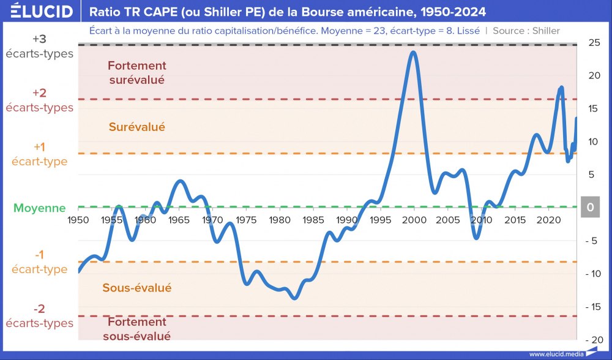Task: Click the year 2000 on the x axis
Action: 414,220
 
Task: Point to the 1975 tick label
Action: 245,220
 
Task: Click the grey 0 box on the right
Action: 591,208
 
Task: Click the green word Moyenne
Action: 40,208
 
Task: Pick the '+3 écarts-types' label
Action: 40,46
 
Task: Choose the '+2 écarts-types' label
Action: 40,100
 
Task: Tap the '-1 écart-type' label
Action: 40,262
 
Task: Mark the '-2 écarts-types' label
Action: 40,316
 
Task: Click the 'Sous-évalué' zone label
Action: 137,288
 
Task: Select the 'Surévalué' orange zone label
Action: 137,127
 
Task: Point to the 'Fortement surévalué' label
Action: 137,72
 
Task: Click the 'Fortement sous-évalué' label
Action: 137,328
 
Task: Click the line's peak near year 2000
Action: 414,52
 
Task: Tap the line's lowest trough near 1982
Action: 295,298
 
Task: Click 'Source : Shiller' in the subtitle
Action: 526,31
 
